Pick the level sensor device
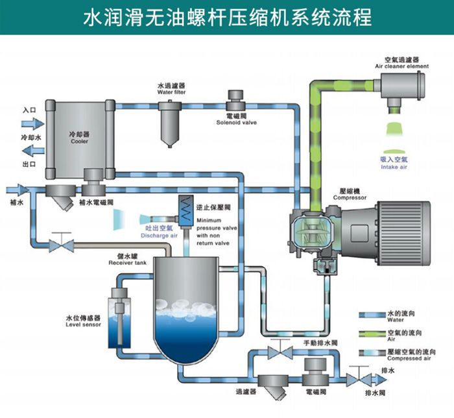121,321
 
